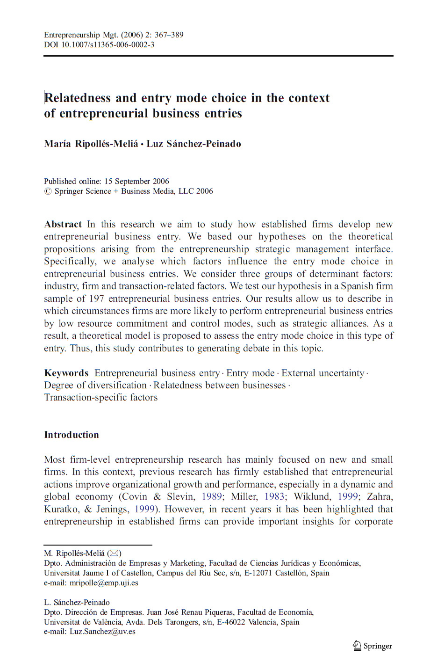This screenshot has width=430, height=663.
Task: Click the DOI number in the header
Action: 108,45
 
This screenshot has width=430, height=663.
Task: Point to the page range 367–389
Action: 169,35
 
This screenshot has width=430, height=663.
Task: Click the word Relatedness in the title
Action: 78,98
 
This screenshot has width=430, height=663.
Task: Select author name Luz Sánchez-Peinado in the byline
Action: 194,144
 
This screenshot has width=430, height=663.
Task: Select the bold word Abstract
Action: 63,224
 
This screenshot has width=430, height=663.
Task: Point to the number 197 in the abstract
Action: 96,299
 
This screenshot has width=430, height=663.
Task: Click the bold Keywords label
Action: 66,373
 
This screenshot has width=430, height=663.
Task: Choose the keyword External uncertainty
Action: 322,373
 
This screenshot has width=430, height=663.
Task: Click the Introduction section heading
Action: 72,435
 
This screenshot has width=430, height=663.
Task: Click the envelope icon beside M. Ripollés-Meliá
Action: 114,553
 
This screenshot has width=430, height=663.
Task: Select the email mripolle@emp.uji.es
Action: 104,583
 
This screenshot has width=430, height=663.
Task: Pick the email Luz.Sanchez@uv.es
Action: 102,632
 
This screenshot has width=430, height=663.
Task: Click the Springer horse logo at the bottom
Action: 357,646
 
